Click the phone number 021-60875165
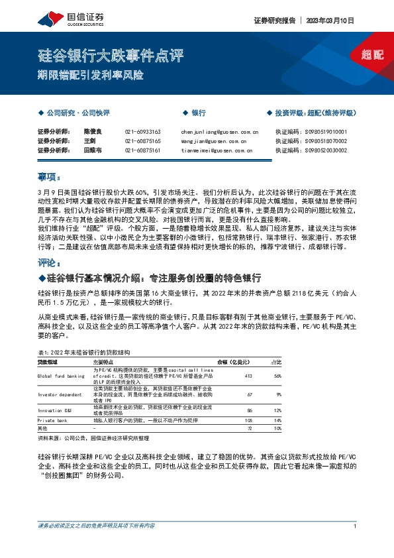(142, 141)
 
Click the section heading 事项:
(49, 177)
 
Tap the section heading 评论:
(49, 262)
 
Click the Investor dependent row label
(59, 394)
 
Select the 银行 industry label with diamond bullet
(196, 113)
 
